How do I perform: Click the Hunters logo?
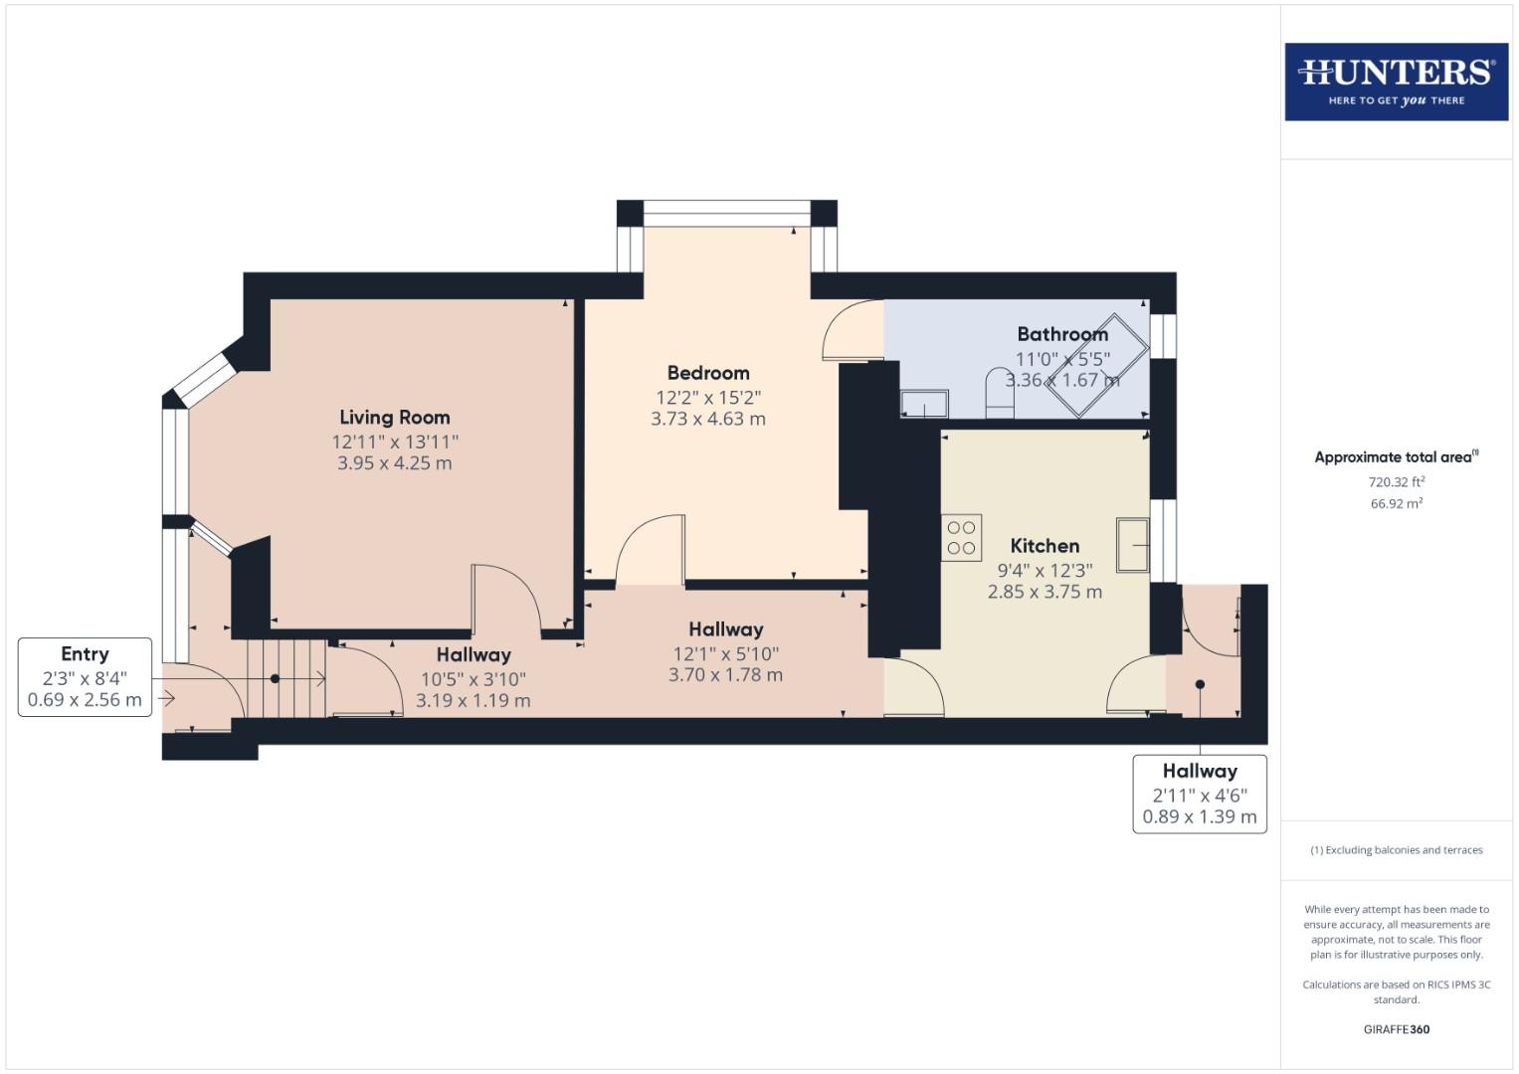pos(1396,82)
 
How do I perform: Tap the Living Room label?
pos(395,418)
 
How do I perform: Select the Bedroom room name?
pos(708,373)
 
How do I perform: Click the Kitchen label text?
pos(1044,546)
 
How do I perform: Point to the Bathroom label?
pos(1061,334)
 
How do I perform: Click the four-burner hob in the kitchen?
pos(961,538)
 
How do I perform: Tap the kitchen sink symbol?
pos(1132,545)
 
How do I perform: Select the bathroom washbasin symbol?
pos(924,404)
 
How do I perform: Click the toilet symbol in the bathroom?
pos(998,393)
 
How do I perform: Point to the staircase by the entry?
pos(286,678)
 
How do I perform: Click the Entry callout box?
pos(85,676)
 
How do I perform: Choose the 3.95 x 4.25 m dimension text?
pos(395,463)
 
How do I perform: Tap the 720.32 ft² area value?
pos(1396,482)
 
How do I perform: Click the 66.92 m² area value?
pos(1396,504)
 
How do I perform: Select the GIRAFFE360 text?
pos(1396,1029)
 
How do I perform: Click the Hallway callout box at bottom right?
pos(1199,794)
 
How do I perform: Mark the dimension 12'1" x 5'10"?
pos(725,653)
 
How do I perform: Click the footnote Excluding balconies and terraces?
pos(1396,850)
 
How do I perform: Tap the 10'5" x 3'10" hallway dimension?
pos(474,679)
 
